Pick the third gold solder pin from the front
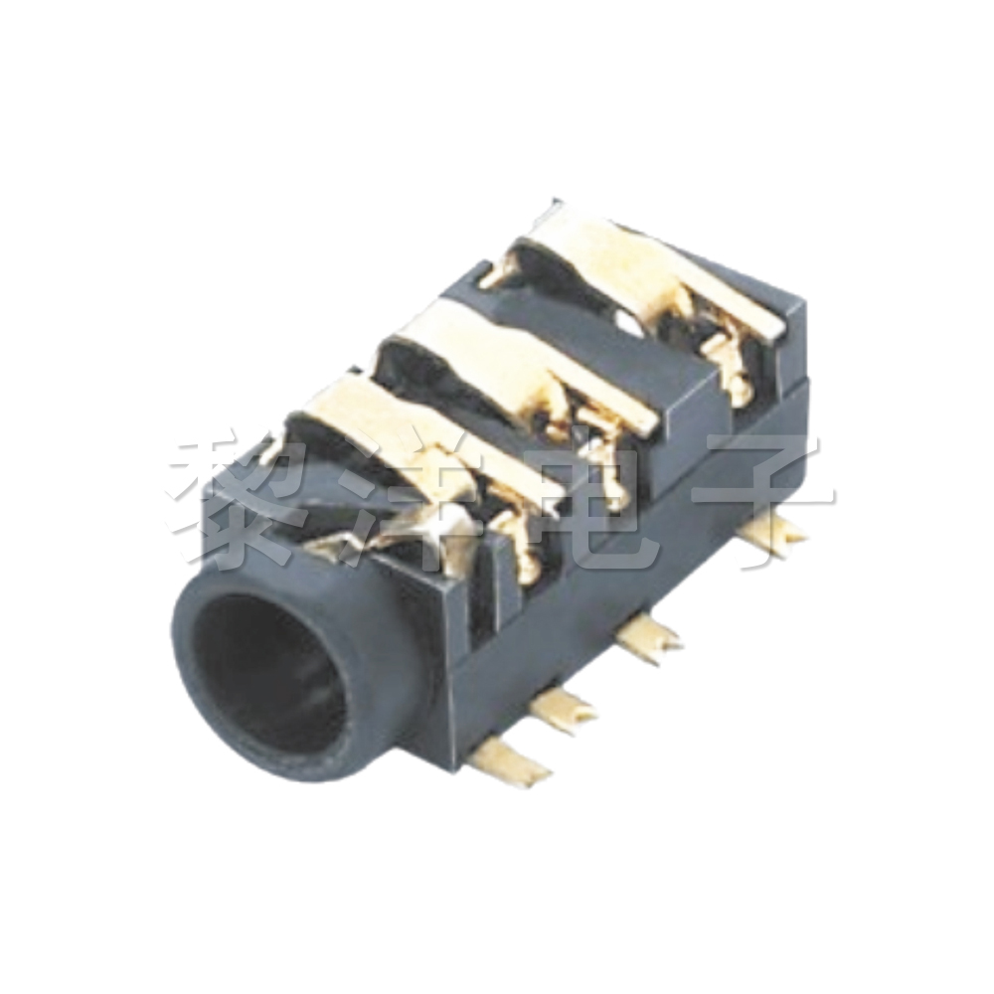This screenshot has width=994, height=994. [x=646, y=635]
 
